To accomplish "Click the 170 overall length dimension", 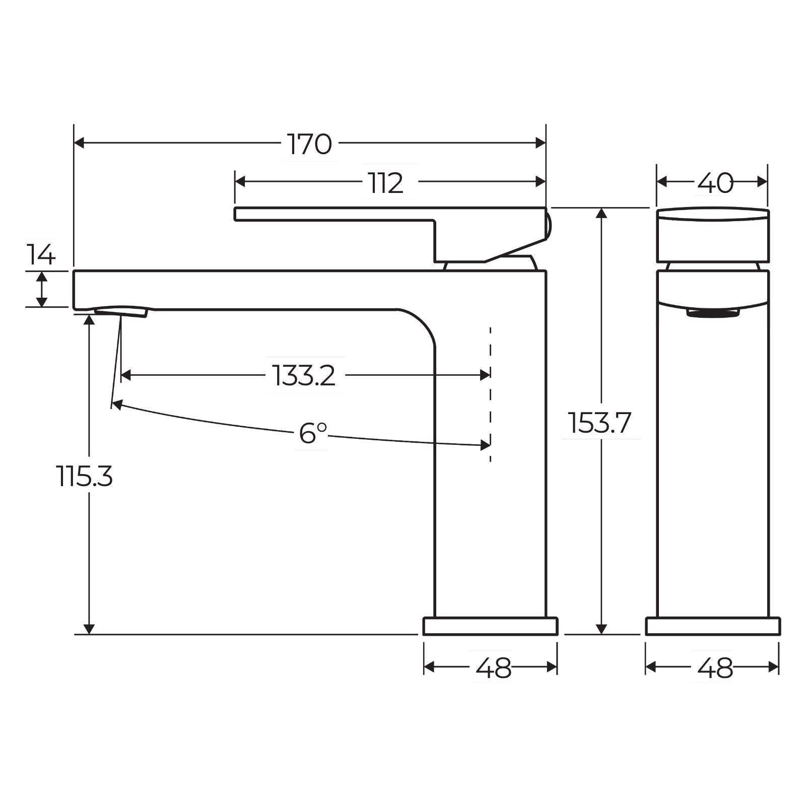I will coord(309,144).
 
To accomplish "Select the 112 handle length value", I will coord(385,183).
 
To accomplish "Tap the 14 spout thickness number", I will coord(41,255).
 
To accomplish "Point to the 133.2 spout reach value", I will coord(304,375).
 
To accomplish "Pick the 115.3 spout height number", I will coord(84,476).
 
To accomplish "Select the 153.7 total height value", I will coord(599,423).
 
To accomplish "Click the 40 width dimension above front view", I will coord(715,183).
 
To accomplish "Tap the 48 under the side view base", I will coord(493,668).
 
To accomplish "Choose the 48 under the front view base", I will coord(715,668).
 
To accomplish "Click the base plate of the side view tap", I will coord(490,626).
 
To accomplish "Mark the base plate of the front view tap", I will coord(713,626).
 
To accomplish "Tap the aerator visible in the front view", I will coord(713,313).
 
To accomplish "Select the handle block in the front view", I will coord(713,236).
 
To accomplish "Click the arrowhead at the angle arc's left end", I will coord(116,404).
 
